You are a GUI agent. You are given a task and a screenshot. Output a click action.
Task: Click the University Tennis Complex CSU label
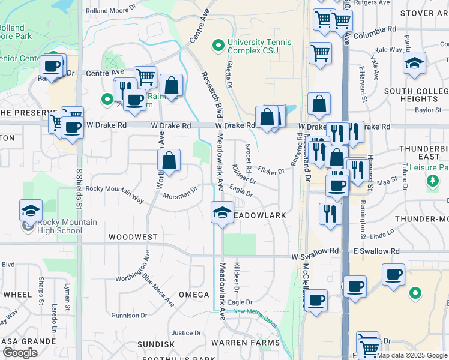pos(259,47)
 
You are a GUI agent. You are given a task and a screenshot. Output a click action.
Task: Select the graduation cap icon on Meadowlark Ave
pos(222,213)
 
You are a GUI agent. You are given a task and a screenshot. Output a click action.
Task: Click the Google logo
pos(20,352)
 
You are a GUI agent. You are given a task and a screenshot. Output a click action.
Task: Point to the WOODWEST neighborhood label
pos(133,238)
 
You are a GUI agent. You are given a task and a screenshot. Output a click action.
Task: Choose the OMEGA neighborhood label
pos(194,295)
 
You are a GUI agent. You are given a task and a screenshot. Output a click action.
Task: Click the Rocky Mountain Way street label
pos(115,188)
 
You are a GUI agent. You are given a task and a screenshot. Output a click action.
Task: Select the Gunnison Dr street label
pos(129,315)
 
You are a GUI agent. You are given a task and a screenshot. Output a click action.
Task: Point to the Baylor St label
pos(428,110)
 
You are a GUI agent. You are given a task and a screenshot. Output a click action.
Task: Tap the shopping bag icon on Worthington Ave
pos(169,160)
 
